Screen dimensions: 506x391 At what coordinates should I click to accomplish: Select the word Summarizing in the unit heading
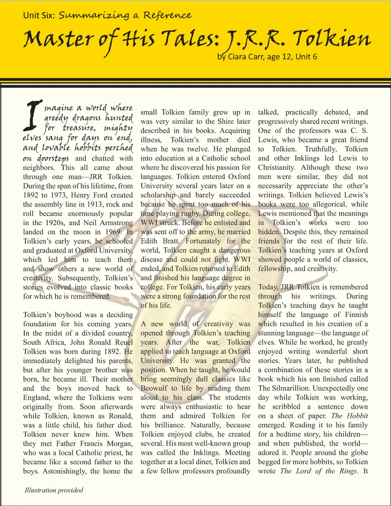(x=94, y=15)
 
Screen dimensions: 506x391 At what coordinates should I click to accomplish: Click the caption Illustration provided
(x=54, y=490)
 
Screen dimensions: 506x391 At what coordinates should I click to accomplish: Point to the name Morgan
(x=119, y=443)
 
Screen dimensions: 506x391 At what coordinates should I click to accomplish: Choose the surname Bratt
(x=171, y=241)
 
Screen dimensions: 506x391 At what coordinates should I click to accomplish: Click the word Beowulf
(x=154, y=388)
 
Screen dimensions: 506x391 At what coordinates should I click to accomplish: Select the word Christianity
(x=277, y=167)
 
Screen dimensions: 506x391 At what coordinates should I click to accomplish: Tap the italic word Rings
(x=348, y=471)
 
